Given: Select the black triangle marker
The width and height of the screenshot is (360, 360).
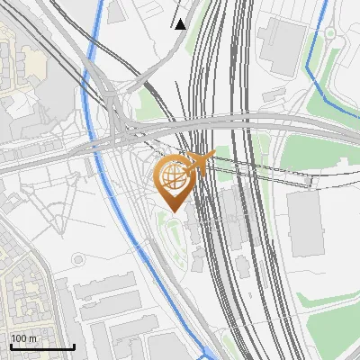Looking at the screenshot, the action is pyautogui.click(x=181, y=24).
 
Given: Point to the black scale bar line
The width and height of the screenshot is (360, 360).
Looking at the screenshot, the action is pyautogui.click(x=42, y=346).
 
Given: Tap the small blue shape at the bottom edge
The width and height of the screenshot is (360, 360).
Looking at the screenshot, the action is pyautogui.click(x=209, y=354).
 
